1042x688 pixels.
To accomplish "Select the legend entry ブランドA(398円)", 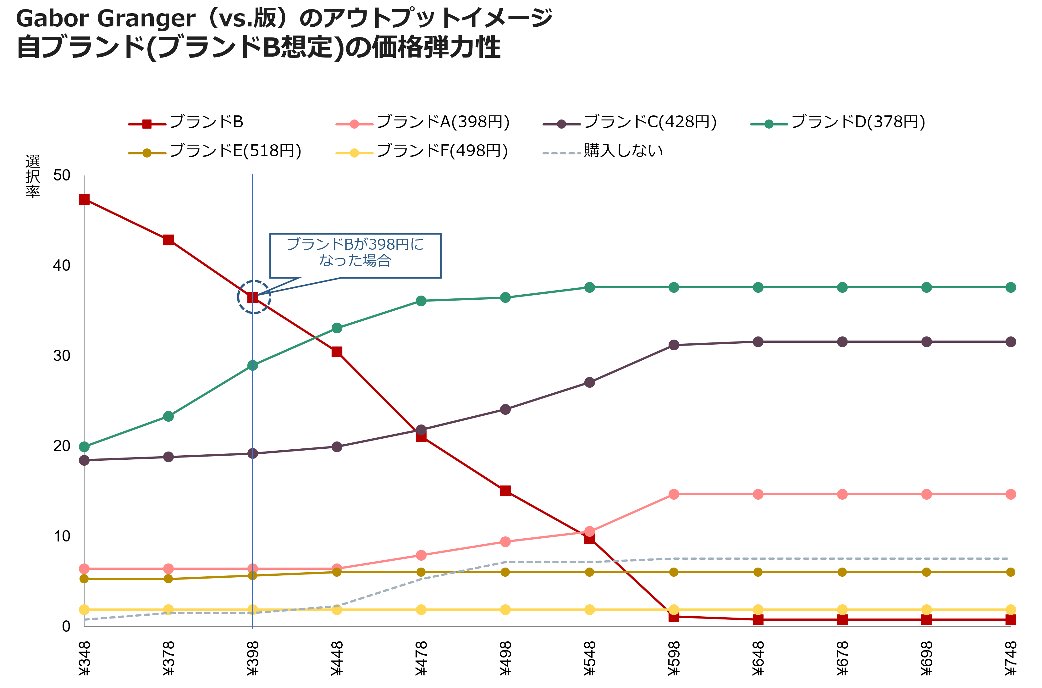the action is click(422, 122).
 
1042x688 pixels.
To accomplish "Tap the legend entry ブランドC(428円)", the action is click(630, 122).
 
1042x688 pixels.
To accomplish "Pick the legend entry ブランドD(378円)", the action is click(838, 122).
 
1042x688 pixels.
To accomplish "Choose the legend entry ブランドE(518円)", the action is click(215, 151).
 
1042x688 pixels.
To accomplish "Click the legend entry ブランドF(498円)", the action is click(422, 151).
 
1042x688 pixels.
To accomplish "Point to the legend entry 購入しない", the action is click(603, 151).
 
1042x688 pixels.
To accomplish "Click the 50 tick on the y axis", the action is click(62, 175).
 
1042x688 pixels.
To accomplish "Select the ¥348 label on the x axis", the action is click(84, 658).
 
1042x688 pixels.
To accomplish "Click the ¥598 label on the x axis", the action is click(674, 658).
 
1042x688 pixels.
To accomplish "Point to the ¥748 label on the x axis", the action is click(1011, 658).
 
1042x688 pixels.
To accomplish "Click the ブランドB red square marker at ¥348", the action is click(84, 200).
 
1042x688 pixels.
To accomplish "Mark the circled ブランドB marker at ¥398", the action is click(253, 297).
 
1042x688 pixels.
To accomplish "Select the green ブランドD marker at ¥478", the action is click(421, 301).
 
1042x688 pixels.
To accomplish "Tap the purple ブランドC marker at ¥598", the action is click(674, 345).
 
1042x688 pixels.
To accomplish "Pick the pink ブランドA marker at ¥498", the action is click(505, 542).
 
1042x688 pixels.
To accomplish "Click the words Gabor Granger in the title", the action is click(106, 19).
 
